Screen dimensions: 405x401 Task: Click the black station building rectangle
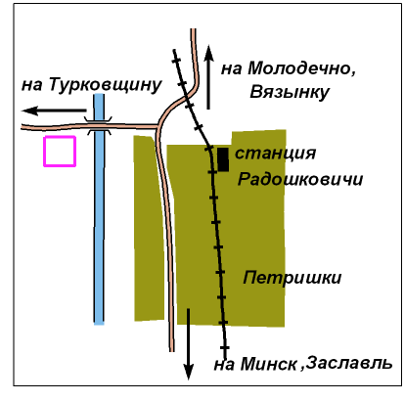coord(223,159)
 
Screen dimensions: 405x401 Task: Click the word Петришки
coord(292,279)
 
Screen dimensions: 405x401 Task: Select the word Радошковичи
coord(300,179)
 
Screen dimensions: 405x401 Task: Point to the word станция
coord(275,154)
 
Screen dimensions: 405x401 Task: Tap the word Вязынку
coord(290,92)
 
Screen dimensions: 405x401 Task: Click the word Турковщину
coord(106,85)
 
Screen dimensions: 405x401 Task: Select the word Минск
coord(269,364)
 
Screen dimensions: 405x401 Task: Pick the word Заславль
coord(349,363)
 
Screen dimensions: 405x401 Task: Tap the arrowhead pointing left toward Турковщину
coord(30,111)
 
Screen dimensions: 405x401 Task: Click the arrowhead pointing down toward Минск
coord(188,373)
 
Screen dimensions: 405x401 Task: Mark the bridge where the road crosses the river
coord(99,125)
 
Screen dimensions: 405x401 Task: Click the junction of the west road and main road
coord(158,126)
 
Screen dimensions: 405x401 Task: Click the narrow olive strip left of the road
coord(149,228)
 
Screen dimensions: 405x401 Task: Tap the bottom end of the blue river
coord(99,323)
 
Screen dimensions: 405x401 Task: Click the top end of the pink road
coord(194,29)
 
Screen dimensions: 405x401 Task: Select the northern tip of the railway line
coord(174,50)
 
